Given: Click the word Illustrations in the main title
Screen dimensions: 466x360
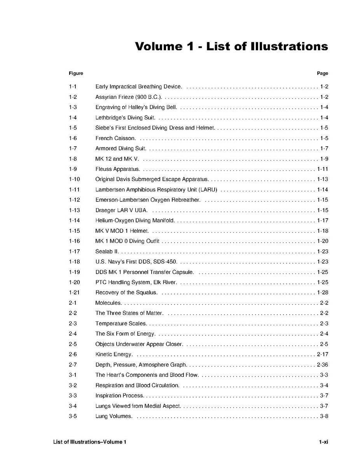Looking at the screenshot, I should [x=289, y=46].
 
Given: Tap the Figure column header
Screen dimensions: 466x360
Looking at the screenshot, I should [x=76, y=73].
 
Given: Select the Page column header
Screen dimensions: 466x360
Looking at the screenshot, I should [x=322, y=73].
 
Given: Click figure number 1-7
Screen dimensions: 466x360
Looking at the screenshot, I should [x=73, y=148].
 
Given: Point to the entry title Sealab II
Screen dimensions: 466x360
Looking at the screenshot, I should [x=107, y=251].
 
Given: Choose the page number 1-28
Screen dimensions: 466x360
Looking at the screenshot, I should [x=322, y=293].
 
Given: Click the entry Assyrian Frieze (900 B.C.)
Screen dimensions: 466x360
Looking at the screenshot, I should [x=128, y=97].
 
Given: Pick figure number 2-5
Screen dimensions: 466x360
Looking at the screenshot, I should [x=73, y=344].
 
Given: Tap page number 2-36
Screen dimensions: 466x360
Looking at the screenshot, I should [x=322, y=364].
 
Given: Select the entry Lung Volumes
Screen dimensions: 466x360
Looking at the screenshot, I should [x=114, y=416].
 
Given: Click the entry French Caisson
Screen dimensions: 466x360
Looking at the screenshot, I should [x=115, y=138].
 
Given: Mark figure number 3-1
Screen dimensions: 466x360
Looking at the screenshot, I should [x=73, y=375].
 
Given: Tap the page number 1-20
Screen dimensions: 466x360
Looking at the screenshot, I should [x=322, y=241].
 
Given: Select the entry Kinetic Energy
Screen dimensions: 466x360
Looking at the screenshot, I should [x=114, y=354].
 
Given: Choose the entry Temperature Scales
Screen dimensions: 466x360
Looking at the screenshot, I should [x=121, y=323].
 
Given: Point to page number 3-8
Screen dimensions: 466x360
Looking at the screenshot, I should [x=324, y=416].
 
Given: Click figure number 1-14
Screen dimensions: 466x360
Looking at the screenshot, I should [x=74, y=221].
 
